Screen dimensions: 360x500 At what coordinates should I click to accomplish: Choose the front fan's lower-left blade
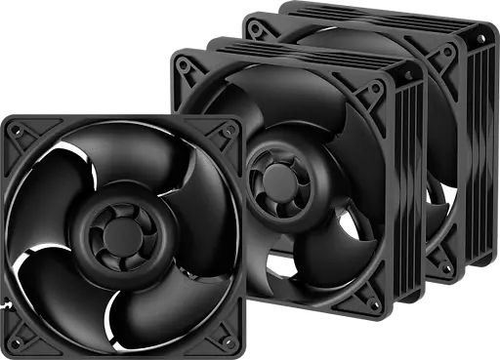(x=59, y=283)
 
